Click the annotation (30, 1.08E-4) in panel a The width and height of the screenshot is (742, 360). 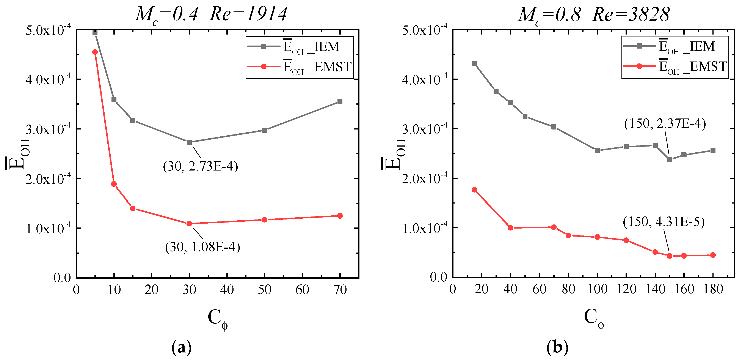(202, 247)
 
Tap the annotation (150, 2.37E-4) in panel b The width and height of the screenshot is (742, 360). (665, 124)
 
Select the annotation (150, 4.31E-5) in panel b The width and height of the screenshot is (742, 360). (664, 222)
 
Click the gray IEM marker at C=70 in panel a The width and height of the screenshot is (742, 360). (340, 101)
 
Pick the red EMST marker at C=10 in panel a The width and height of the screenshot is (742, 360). (114, 184)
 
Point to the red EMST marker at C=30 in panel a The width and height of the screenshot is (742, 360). (189, 224)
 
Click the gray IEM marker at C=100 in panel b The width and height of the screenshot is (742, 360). (597, 150)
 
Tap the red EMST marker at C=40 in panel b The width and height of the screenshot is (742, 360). (510, 228)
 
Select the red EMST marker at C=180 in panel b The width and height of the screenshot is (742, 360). (713, 255)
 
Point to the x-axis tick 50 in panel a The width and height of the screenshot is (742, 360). (264, 290)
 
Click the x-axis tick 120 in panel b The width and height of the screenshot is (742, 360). (626, 289)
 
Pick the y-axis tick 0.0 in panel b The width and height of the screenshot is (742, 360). (438, 277)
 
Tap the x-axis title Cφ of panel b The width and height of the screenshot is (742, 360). (594, 319)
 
